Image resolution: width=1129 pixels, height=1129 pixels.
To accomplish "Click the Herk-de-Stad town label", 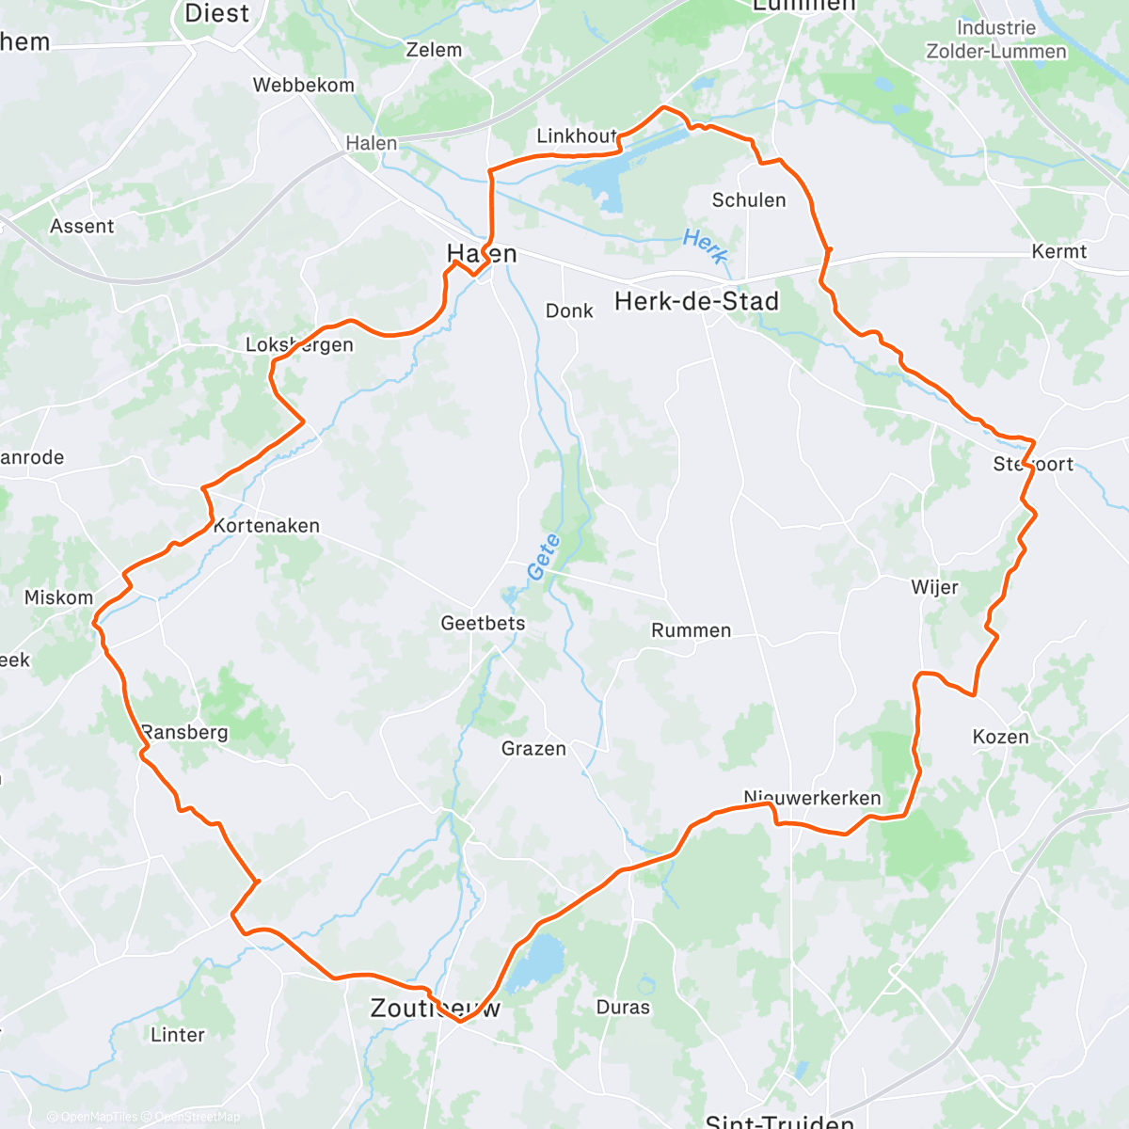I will (696, 301).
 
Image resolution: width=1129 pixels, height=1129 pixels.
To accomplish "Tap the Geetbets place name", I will (483, 623).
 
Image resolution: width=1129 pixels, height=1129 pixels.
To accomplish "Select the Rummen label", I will (691, 630).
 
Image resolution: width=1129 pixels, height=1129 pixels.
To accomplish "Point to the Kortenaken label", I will (266, 526).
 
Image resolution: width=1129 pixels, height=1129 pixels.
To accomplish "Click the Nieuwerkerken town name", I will (812, 798).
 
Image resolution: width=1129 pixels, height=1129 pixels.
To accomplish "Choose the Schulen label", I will (749, 199).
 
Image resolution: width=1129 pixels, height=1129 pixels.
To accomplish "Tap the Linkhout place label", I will (576, 136).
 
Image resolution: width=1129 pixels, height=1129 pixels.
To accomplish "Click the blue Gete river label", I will (544, 556).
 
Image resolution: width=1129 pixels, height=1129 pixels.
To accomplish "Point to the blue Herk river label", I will (705, 246).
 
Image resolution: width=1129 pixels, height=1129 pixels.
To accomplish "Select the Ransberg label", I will (184, 732).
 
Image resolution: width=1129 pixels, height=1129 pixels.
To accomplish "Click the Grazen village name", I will (533, 749).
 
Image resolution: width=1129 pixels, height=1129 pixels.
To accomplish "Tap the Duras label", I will (623, 1008).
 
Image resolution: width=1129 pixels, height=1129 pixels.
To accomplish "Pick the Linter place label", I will (177, 1035).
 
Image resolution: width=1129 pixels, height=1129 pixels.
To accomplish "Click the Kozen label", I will (1000, 737).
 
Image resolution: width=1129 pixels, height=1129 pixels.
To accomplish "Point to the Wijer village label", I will (934, 588).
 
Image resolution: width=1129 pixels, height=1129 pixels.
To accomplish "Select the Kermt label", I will (1058, 251).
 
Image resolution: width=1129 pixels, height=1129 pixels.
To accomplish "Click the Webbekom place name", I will (304, 85).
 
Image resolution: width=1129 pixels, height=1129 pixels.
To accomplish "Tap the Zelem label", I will (434, 50).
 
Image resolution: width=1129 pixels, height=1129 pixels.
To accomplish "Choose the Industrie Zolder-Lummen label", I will (996, 40).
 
